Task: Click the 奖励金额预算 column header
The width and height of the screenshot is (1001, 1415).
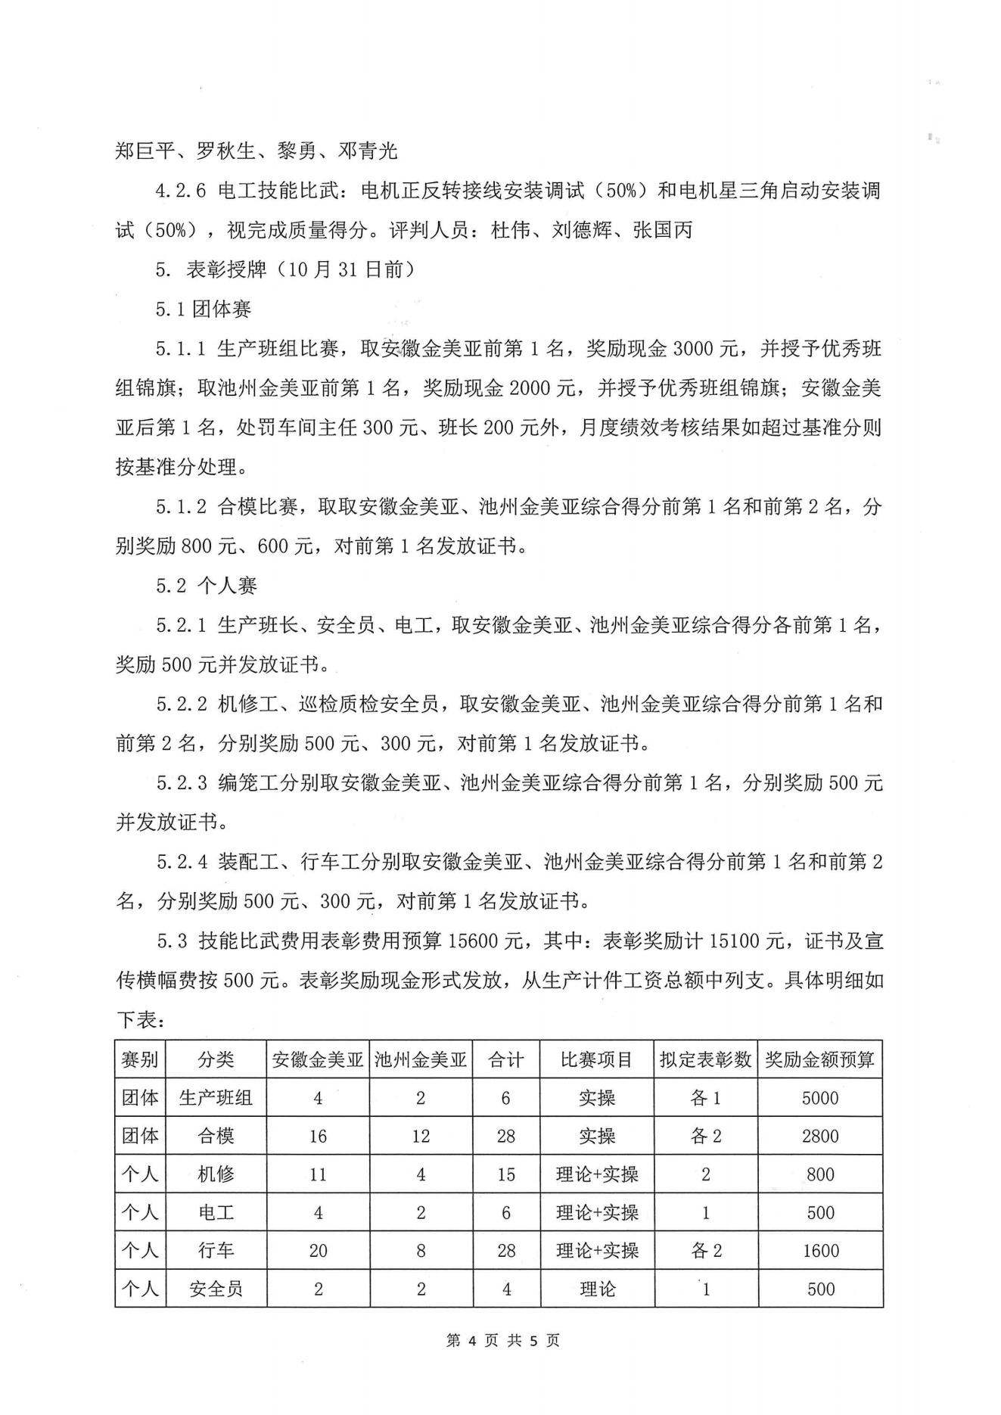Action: (819, 1059)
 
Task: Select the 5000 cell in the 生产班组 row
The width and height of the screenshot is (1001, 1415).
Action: (819, 1098)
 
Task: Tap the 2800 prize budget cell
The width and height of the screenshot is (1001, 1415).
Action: (819, 1136)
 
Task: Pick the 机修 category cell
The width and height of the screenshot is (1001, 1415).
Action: (216, 1174)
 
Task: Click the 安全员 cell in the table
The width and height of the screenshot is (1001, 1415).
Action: (216, 1289)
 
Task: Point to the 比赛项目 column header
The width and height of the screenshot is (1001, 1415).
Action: (596, 1059)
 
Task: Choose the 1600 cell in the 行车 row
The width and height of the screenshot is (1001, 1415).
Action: (819, 1251)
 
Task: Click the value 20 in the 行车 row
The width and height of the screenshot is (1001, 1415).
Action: (318, 1251)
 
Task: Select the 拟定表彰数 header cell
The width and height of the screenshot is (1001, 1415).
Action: (705, 1059)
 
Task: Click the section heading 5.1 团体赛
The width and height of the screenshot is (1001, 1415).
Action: (204, 309)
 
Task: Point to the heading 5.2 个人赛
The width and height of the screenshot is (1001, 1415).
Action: (207, 585)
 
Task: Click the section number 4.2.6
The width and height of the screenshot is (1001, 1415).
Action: (181, 191)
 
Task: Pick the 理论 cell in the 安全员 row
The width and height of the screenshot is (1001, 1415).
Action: (596, 1289)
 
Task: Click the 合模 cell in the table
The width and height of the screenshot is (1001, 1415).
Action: (216, 1136)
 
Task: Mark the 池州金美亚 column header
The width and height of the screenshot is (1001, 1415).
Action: (421, 1059)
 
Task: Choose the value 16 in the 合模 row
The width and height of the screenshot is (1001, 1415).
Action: (318, 1136)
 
